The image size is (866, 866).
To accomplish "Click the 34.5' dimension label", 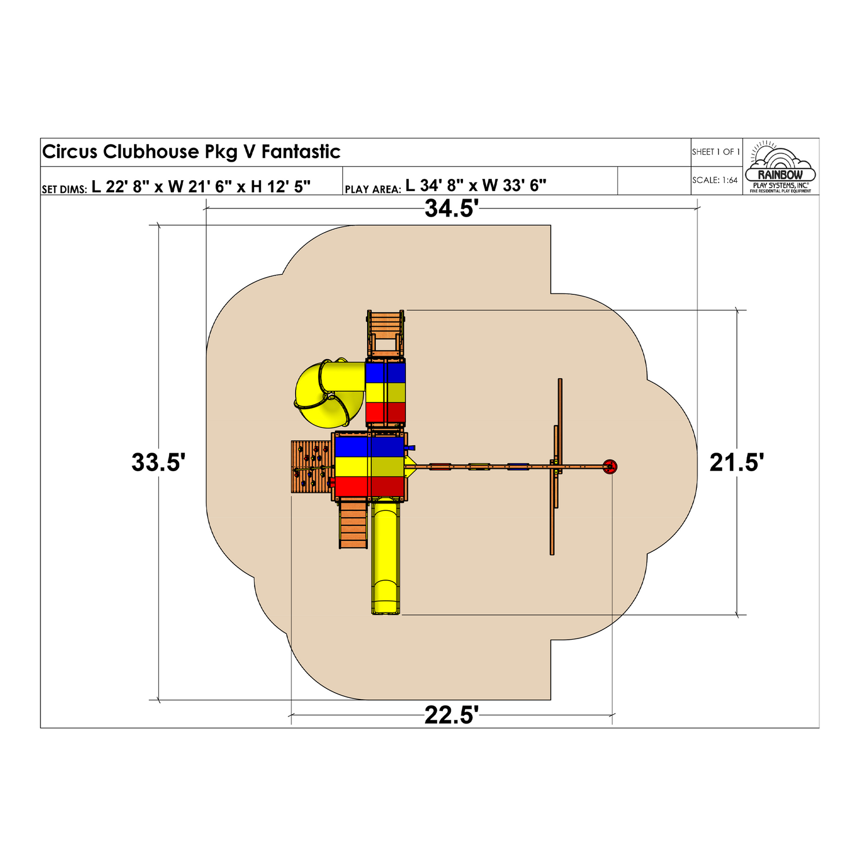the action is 451,208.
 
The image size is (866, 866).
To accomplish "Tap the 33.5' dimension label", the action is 159,462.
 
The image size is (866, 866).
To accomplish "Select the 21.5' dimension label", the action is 737,462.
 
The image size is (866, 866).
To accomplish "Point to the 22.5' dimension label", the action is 451,715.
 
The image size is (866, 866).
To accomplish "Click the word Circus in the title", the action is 70,152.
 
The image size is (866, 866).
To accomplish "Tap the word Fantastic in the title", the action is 301,152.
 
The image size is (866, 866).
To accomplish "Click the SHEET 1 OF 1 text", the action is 716,152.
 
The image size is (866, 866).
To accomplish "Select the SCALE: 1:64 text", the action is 715,180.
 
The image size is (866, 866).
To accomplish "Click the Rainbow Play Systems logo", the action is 781,167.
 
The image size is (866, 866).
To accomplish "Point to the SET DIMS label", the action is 64,189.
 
